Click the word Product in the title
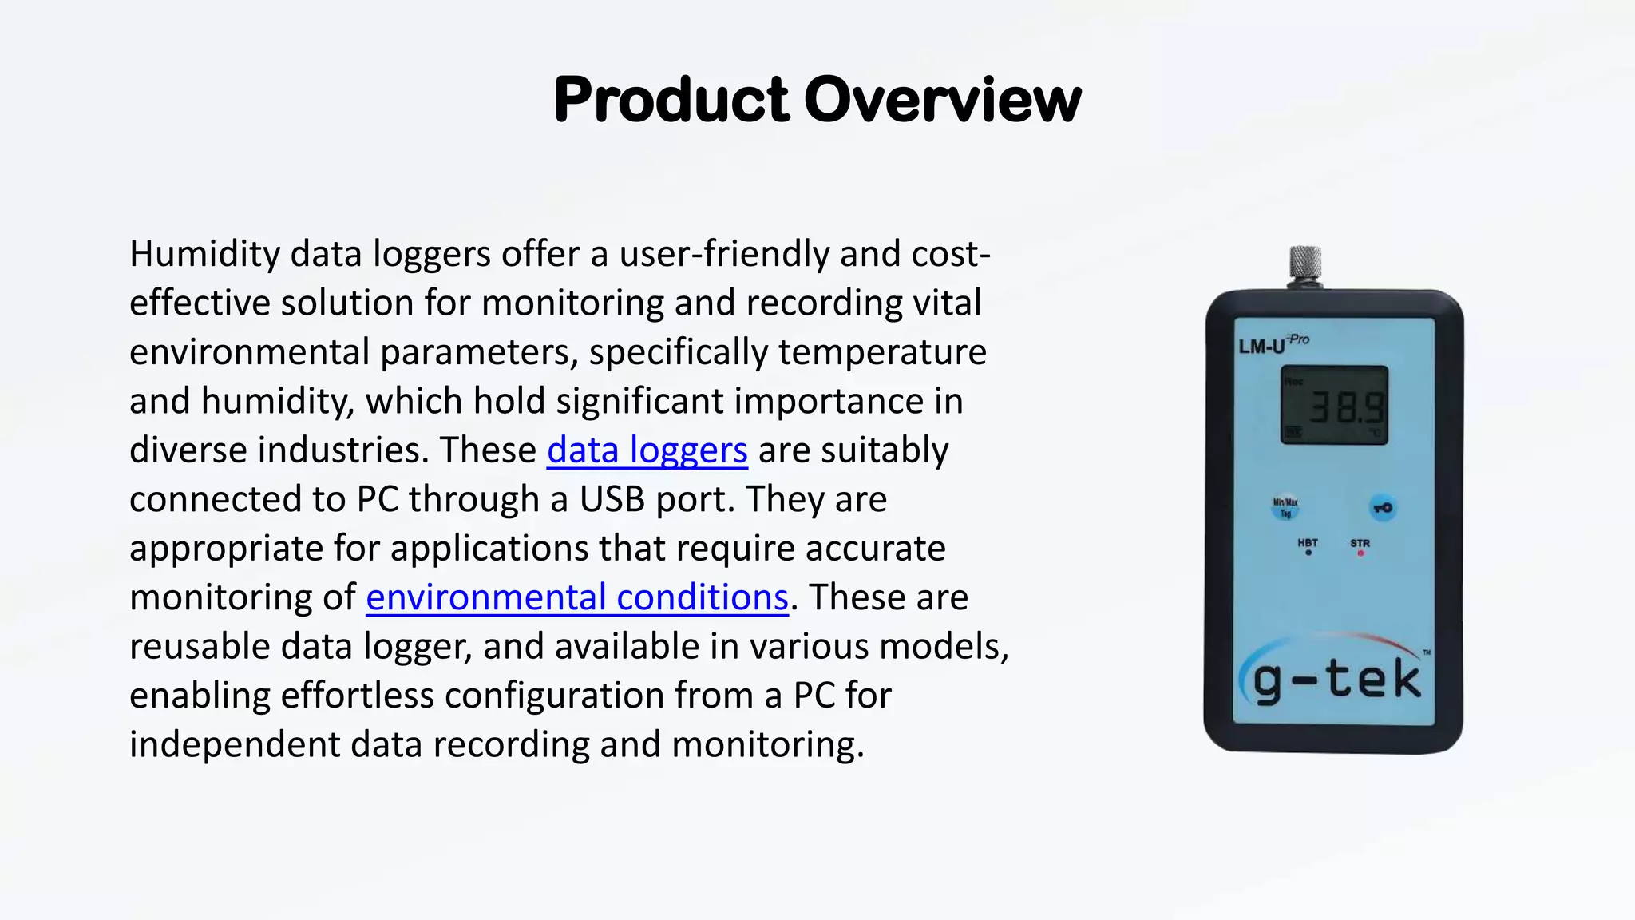(x=671, y=101)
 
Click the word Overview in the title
(x=942, y=101)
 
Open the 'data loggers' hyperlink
(x=647, y=450)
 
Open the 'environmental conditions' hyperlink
(x=577, y=597)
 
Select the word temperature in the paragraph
(x=882, y=352)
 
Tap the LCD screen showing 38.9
(x=1334, y=405)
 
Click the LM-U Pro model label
(x=1273, y=344)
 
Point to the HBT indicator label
(x=1308, y=543)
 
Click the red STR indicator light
(x=1360, y=553)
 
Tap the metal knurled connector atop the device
(x=1305, y=266)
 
